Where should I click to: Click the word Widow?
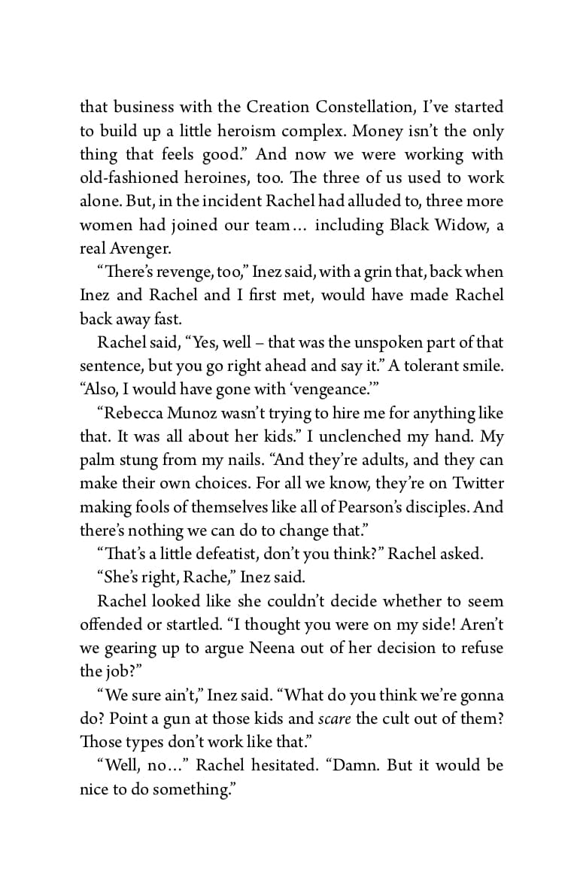[x=455, y=225]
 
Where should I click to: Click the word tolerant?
[x=420, y=366]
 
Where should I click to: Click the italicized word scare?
[x=335, y=719]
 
